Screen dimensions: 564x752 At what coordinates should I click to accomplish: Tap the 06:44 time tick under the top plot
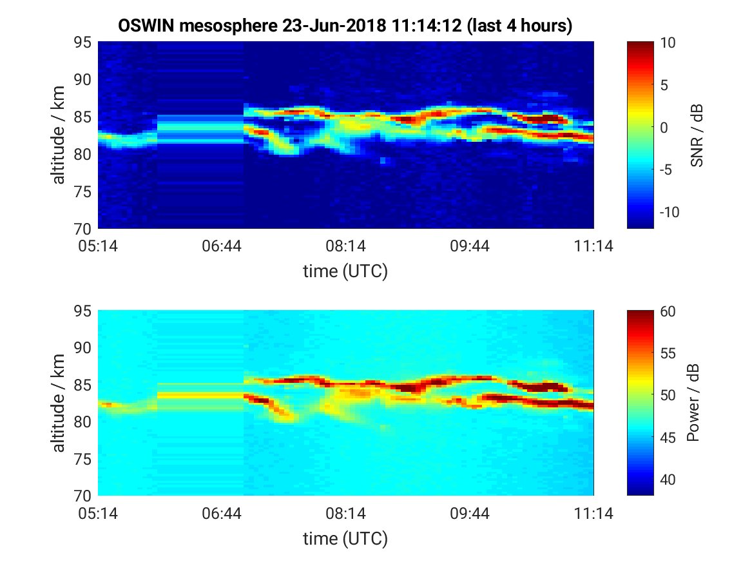221,246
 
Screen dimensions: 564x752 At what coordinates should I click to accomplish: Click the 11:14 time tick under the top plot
593,246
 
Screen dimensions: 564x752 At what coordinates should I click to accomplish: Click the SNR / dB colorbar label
696,135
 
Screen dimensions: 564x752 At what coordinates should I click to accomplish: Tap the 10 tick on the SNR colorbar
659,43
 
